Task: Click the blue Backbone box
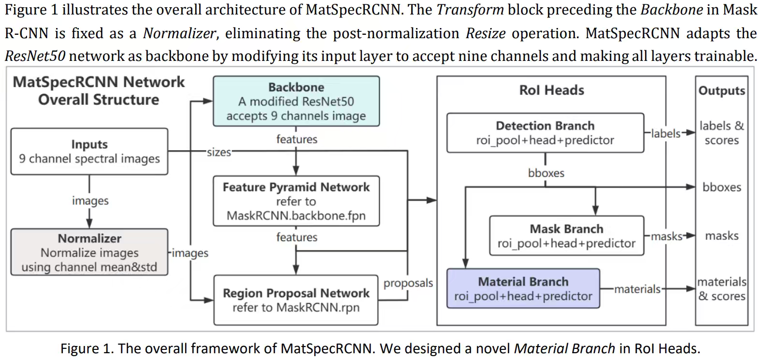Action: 296,101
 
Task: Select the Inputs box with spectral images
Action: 89,151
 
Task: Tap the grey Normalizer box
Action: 89,252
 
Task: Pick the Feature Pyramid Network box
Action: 296,201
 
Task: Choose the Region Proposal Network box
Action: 296,300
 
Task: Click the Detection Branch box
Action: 545,133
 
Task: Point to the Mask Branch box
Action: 566,236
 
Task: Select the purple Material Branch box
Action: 523,288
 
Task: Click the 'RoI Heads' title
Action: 551,90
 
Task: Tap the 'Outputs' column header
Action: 721,91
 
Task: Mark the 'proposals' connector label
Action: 408,283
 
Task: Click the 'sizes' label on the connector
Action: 219,152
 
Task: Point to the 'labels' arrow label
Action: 665,133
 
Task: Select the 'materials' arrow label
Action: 637,289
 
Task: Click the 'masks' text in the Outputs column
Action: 721,236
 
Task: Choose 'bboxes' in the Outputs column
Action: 721,187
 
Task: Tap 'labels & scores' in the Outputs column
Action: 721,133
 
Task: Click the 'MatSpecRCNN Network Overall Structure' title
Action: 99,91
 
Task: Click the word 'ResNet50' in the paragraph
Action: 35,56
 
